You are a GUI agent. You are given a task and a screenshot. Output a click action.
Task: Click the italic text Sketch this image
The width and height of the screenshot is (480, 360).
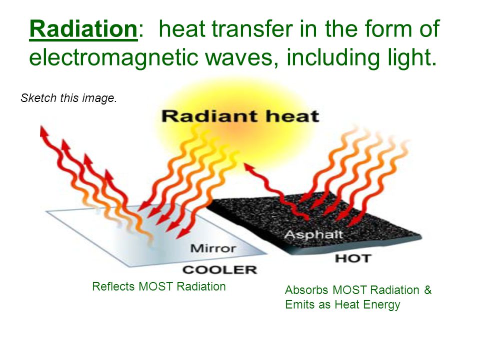(68, 98)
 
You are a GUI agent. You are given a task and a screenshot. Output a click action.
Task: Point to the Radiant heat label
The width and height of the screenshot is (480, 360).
(239, 116)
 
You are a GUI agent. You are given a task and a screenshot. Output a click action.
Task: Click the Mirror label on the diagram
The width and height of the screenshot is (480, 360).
(214, 247)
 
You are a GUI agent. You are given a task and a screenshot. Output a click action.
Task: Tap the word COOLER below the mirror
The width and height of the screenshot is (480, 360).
(219, 269)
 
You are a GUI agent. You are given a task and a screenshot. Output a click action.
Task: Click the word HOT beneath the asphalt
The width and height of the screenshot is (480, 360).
(352, 258)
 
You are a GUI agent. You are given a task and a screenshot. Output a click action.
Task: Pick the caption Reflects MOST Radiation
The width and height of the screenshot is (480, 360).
(159, 286)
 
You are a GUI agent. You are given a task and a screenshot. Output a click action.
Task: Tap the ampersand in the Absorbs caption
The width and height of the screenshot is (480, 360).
(427, 290)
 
